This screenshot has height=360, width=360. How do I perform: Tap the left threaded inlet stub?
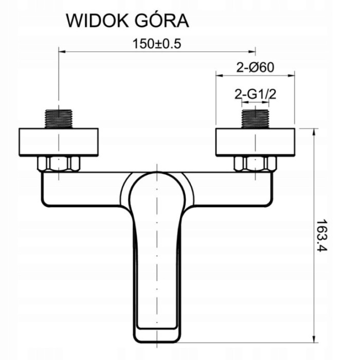coord(60,118)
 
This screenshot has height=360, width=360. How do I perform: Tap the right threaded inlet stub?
coord(255,118)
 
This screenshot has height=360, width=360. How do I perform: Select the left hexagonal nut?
coord(60,164)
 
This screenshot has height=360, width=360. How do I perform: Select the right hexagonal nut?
coord(255,164)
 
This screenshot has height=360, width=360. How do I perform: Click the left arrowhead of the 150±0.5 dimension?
coord(62,50)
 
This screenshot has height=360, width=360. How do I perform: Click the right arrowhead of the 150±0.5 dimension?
coord(253,50)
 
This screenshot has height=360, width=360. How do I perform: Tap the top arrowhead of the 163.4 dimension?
coord(313,131)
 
